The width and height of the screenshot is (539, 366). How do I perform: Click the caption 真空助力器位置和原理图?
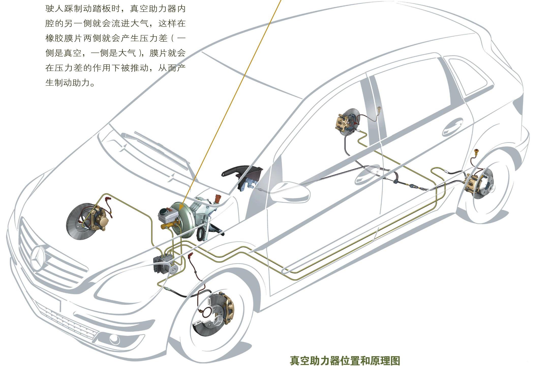(345, 360)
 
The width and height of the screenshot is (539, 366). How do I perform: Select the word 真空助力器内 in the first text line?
(158, 9)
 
